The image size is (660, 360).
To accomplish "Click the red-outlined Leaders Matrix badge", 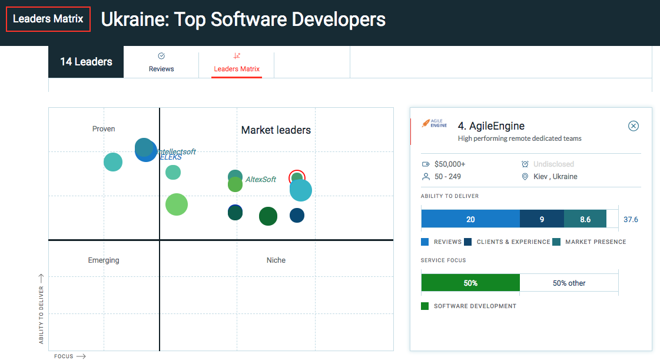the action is pos(48,19).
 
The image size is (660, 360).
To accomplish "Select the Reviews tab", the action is pos(161,62).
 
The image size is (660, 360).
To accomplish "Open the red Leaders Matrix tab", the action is pos(237,63).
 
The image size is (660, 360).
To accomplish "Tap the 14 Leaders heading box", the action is pos(86,62).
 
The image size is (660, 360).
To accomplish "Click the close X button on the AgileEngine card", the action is pos(633,126).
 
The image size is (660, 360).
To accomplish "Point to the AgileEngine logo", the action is pos(435,123).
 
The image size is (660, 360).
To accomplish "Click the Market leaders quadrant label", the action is pos(276,130).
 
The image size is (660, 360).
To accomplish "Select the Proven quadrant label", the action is pos(104,129).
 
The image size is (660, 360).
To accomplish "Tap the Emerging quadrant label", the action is pos(104,260).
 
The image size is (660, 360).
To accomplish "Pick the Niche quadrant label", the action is pos(276,260).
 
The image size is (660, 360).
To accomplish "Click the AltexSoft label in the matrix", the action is pos(261,179).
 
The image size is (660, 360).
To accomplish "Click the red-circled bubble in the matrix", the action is pos(297,178).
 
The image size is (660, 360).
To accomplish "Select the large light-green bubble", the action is pos(177,204).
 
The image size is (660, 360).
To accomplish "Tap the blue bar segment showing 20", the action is pos(470,219).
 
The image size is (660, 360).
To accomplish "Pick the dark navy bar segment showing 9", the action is pos(542,219).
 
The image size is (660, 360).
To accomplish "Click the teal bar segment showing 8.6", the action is pos(585,219).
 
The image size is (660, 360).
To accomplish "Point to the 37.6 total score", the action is pos(631,219).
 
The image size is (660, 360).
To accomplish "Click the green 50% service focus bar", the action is pos(470,283).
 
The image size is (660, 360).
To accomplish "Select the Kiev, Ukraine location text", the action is pos(555,177).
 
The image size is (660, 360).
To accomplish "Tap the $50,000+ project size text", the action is pos(450,164).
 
